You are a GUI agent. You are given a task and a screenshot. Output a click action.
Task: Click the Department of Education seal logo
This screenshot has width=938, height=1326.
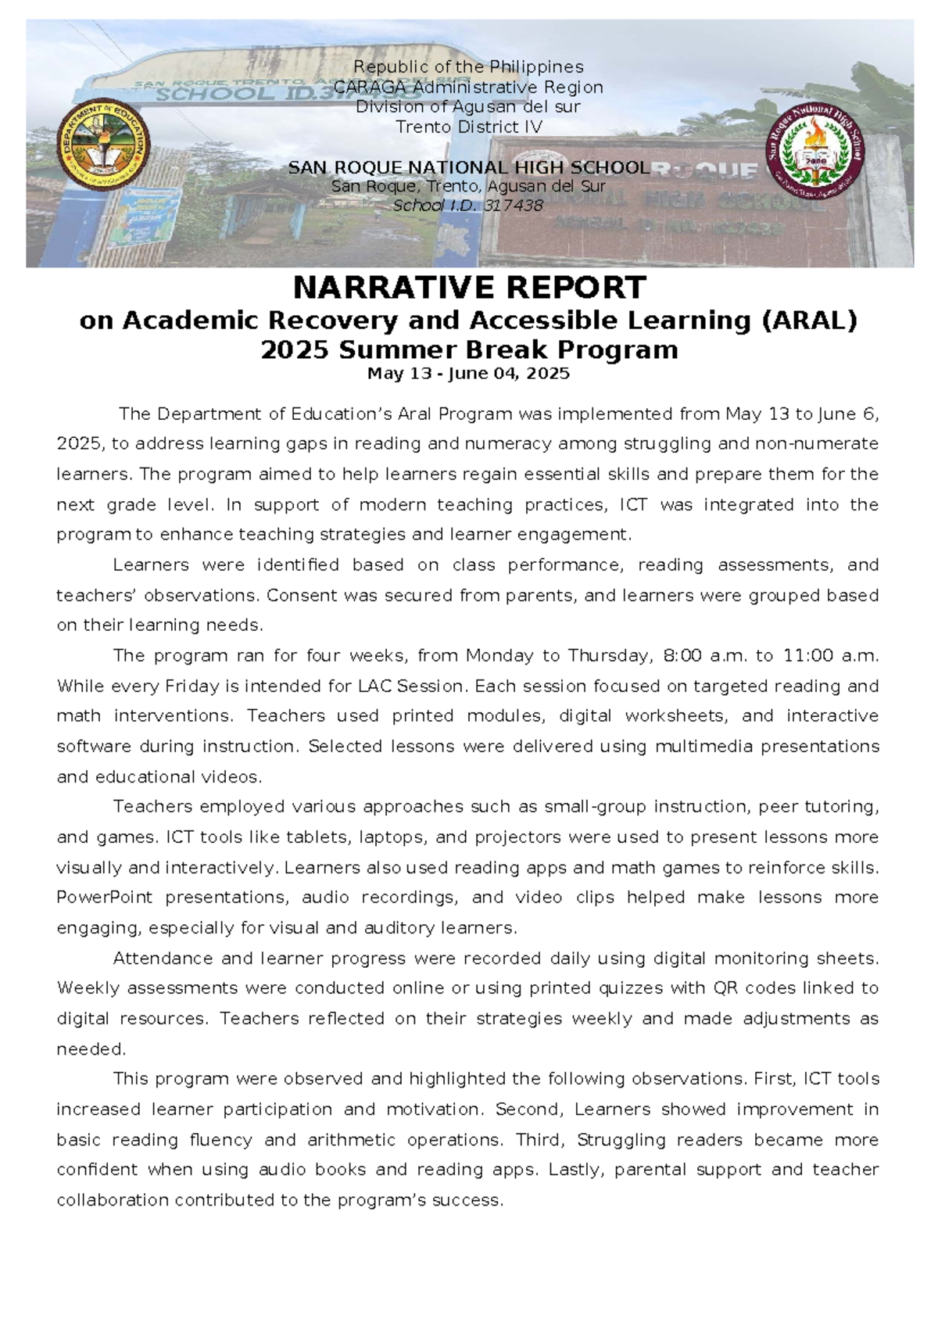tap(103, 145)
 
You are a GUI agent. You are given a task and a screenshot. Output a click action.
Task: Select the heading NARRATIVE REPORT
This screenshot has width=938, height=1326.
tap(469, 288)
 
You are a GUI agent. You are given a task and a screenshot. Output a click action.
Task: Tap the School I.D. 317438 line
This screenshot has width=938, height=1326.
tap(468, 206)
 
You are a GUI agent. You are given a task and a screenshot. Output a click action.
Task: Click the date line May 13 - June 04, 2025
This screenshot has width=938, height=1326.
tap(468, 374)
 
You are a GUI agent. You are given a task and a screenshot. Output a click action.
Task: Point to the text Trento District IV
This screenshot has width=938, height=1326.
tap(468, 127)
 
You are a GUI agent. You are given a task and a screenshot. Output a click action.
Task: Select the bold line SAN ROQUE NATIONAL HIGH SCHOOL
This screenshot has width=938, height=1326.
tap(468, 167)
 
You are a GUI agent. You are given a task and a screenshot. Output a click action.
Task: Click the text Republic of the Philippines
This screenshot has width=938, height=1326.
tap(468, 67)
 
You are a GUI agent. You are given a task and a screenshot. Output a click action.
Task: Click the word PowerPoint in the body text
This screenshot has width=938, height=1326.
tap(104, 898)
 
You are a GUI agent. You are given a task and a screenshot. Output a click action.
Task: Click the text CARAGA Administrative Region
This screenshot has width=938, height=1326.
tap(468, 87)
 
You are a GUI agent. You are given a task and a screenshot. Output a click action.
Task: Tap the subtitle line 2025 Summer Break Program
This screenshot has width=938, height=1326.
tap(469, 349)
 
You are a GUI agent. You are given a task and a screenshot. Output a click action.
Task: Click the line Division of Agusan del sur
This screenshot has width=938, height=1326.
tap(468, 106)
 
